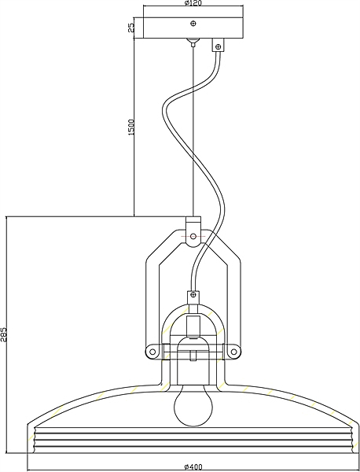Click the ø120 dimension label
click(193, 3)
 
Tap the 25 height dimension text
click(131, 28)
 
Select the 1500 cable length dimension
click(131, 127)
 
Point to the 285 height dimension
click(4, 334)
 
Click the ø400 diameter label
click(193, 466)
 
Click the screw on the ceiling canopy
click(193, 23)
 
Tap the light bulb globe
click(193, 405)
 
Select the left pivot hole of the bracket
click(152, 352)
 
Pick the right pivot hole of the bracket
click(233, 352)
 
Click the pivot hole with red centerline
click(193, 236)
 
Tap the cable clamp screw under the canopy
click(219, 46)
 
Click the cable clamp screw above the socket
click(193, 294)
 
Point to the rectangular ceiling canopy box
click(193, 28)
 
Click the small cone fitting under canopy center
click(193, 42)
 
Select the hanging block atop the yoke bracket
click(193, 231)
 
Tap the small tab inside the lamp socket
click(193, 356)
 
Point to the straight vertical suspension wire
click(193, 131)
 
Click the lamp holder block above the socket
click(193, 326)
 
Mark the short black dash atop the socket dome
click(193, 338)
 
